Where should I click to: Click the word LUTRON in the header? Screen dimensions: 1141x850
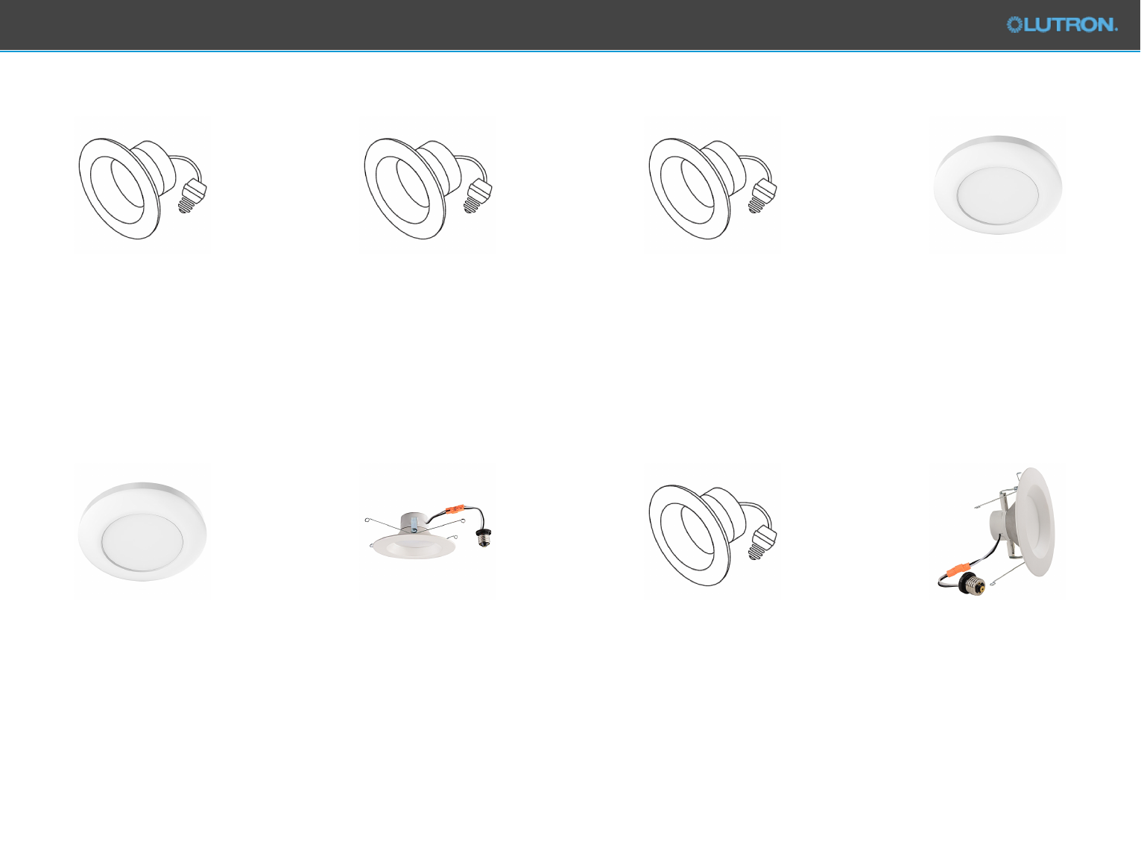[1070, 25]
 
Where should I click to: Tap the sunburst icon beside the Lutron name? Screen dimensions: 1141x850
[1014, 25]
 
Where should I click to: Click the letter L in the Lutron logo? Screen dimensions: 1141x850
[1031, 25]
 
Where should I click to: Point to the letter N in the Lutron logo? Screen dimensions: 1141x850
[1104, 25]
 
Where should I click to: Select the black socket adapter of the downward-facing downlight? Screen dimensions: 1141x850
[484, 536]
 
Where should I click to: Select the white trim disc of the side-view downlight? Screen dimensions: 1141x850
[1035, 521]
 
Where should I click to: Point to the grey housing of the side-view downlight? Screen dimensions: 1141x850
[1003, 523]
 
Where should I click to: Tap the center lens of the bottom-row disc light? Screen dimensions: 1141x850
[142, 542]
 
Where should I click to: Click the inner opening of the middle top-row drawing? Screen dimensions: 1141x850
[413, 184]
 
